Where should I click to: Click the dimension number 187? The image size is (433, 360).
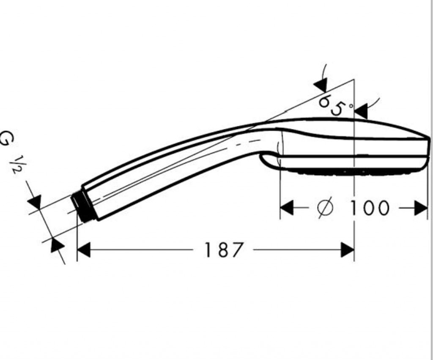[224, 250]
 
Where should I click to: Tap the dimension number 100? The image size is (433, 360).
[369, 208]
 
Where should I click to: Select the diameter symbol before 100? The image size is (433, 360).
[325, 208]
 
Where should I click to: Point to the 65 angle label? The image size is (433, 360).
[331, 105]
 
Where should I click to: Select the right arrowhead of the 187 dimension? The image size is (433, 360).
[348, 250]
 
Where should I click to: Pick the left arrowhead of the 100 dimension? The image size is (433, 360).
[287, 208]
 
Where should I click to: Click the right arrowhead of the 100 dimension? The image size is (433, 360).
[421, 208]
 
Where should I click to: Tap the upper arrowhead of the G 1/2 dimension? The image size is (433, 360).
[35, 202]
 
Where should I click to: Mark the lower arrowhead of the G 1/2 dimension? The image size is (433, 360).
[57, 245]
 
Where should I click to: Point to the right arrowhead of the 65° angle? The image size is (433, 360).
[361, 112]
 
